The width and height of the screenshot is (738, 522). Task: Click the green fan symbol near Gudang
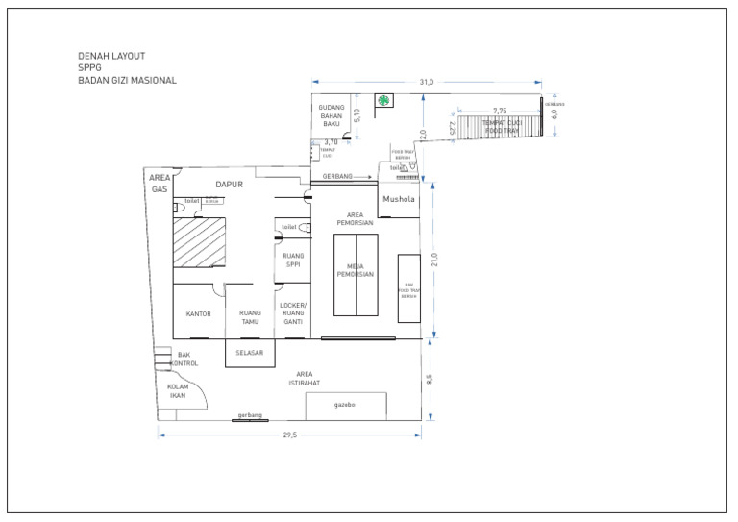click(383, 100)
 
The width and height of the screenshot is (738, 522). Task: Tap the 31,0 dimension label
click(427, 82)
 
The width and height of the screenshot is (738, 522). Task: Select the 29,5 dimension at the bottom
click(289, 435)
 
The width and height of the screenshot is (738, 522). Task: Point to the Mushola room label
click(398, 200)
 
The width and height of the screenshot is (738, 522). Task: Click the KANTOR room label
click(198, 314)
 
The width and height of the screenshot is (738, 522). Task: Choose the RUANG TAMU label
click(250, 317)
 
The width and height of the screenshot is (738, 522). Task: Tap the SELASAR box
click(250, 353)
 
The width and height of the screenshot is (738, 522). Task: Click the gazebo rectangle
click(345, 406)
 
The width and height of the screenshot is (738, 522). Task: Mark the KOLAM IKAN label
click(178, 391)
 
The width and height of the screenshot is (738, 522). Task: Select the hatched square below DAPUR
click(199, 242)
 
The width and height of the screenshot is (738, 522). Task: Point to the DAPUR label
click(229, 184)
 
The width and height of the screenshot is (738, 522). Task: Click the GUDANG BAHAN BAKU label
click(332, 116)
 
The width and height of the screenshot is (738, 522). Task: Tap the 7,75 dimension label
click(500, 111)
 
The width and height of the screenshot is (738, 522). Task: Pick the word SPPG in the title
click(89, 68)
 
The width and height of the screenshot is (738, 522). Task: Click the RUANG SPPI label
click(293, 261)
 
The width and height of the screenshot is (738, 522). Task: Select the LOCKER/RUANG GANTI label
click(293, 313)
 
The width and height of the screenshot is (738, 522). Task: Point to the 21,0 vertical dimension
click(433, 261)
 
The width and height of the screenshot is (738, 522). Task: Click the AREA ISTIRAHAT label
click(304, 378)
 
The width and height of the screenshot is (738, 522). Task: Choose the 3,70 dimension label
click(331, 142)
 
